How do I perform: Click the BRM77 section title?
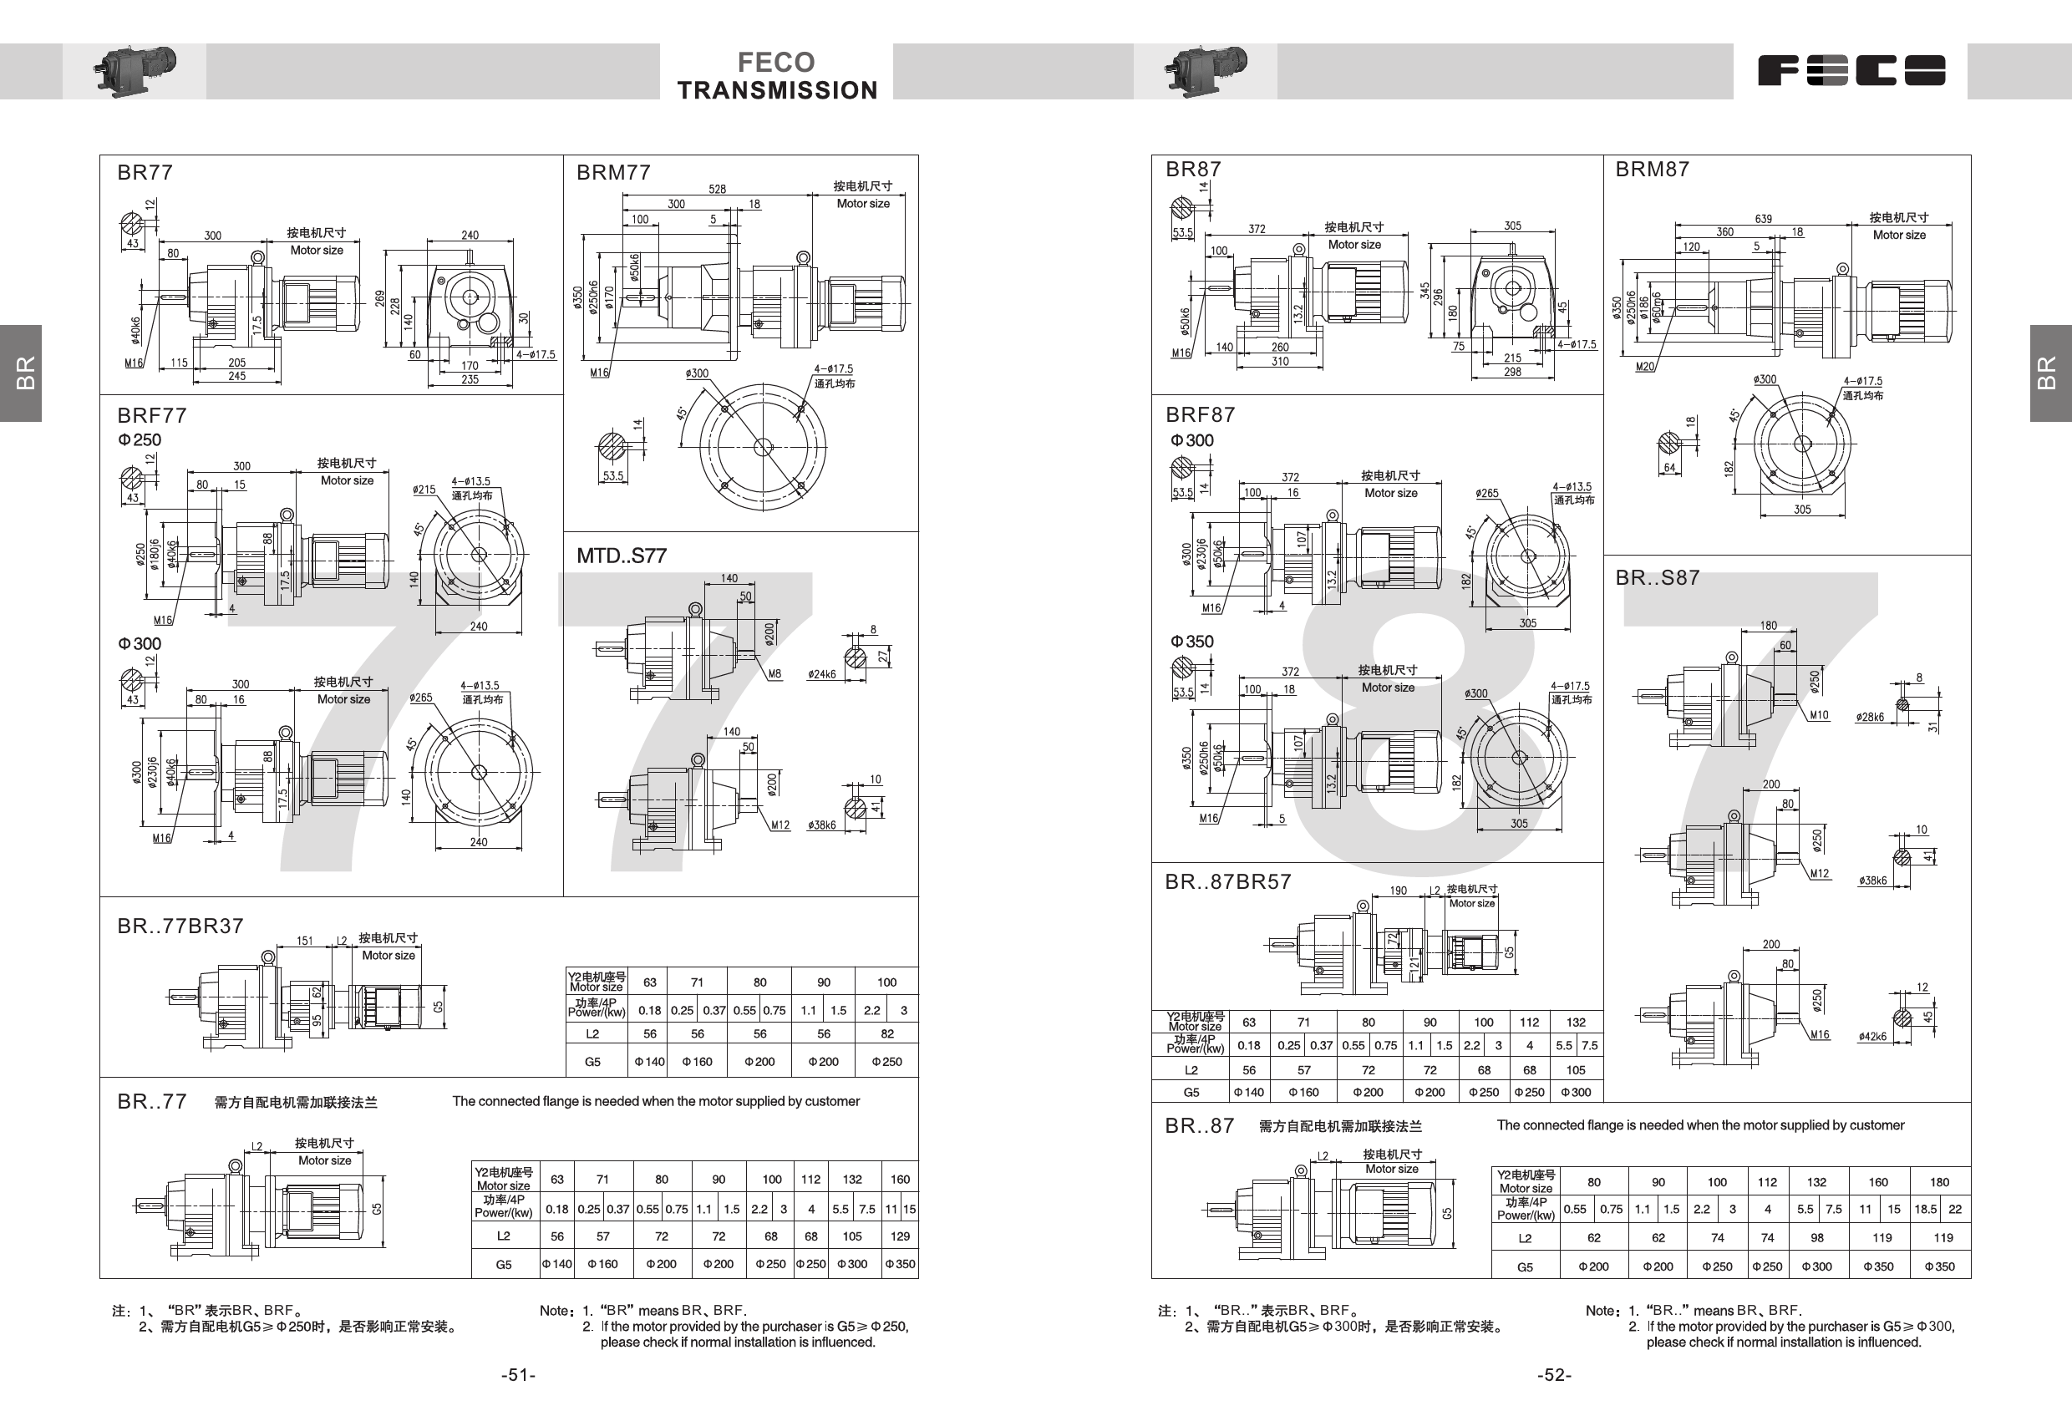click(613, 172)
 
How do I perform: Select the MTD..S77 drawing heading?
click(622, 556)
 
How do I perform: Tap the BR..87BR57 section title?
click(1227, 881)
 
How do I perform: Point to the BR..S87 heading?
click(1658, 578)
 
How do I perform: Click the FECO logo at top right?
click(1851, 70)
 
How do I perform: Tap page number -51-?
click(518, 1375)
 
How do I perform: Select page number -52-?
click(1554, 1375)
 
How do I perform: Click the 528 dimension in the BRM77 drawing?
click(717, 189)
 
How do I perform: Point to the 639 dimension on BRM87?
click(1763, 218)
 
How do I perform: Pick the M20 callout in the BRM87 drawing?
click(1645, 367)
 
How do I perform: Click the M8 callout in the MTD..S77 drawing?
click(774, 674)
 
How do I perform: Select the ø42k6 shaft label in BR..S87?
click(1872, 1037)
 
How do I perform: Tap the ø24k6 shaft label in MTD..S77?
click(822, 675)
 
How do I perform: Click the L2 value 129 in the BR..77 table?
click(900, 1236)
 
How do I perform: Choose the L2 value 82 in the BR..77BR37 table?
click(886, 1034)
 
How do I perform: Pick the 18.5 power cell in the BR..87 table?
click(1925, 1209)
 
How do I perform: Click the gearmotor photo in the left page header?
click(135, 69)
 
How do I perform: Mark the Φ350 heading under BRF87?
click(1192, 642)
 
